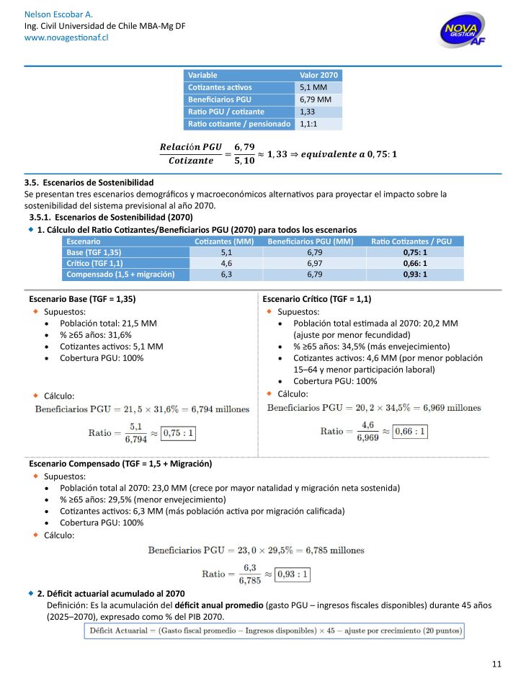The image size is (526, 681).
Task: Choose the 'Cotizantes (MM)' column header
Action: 224,241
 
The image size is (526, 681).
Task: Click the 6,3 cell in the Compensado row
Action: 226,275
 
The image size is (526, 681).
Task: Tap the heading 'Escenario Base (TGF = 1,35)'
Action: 82,298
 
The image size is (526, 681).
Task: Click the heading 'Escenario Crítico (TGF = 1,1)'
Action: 317,298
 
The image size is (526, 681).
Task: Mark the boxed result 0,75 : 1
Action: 179,433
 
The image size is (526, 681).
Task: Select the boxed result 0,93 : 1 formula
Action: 294,574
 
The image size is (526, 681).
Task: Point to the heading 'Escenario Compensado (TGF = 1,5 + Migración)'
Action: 120,463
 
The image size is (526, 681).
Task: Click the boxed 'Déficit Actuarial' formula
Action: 274,631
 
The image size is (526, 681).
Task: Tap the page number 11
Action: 496,664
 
